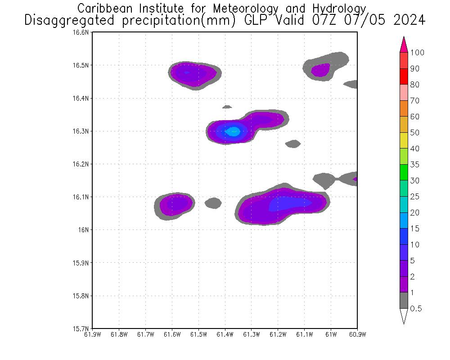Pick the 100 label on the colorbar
[417, 53]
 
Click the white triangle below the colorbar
[404, 316]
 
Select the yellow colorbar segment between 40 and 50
[404, 141]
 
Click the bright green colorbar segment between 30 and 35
[404, 173]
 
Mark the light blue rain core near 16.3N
[233, 132]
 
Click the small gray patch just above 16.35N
[227, 107]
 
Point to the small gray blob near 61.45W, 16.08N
[213, 203]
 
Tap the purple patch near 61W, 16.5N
[321, 70]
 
